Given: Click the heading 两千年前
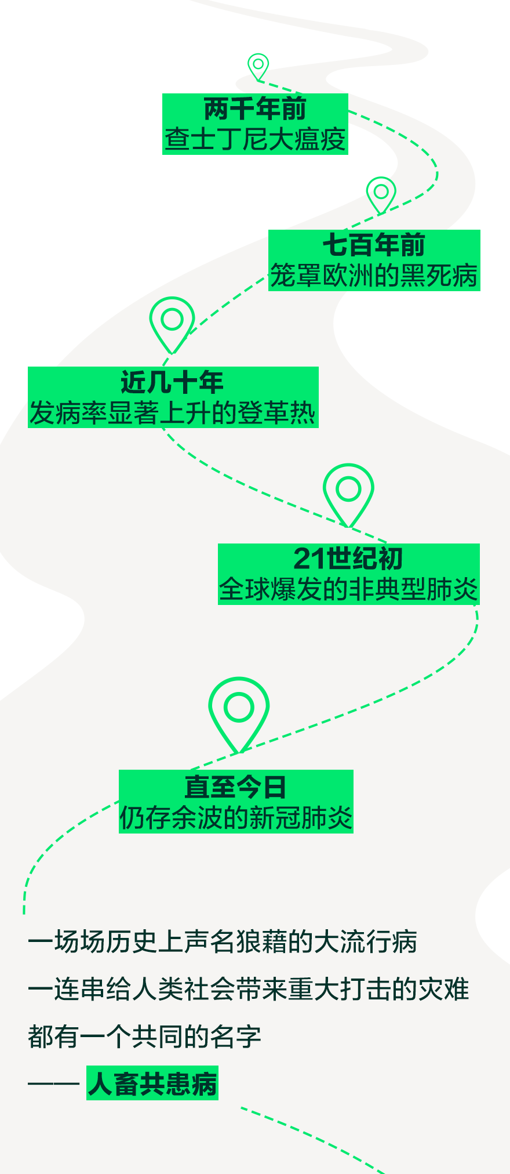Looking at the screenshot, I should coord(255,108).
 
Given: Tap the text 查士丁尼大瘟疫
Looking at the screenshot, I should coord(255,140).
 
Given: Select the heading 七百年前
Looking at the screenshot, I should coord(374,245).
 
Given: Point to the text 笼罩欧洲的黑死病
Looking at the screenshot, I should coord(374,276).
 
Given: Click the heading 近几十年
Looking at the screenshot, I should coord(172,382).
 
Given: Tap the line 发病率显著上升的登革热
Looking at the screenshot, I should coord(172,413).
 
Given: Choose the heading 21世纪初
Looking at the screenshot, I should coord(348,558).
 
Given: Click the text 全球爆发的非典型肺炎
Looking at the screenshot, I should coord(348,589).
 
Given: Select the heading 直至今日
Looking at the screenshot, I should coord(235,787).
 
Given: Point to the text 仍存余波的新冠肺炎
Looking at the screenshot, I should coord(235,818).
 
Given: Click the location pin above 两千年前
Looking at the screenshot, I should coord(258,66).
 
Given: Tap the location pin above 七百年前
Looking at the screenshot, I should coord(381,193).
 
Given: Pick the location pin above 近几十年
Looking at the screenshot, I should coord(172,322).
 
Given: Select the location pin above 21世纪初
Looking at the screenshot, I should coord(348,492).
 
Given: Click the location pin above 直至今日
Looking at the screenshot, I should coord(239,711).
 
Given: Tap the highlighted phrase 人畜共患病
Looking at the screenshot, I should coord(152,1084).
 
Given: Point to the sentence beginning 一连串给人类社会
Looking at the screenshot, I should coord(248,989).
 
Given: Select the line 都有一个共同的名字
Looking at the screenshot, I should coord(144,1036).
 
